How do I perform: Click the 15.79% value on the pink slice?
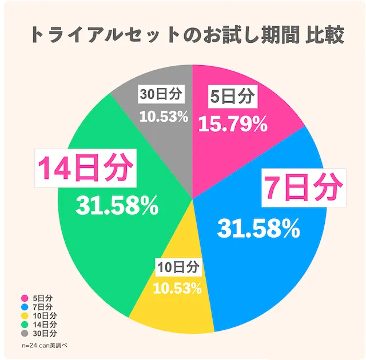point(232,124)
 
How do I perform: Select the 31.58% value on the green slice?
point(117,206)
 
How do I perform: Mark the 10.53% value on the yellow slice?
point(177,288)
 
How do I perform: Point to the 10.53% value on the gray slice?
point(164,117)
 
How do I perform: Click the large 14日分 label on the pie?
point(85,168)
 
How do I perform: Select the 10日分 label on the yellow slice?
point(177,267)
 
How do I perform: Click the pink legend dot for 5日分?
point(25,298)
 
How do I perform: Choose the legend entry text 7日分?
point(42,307)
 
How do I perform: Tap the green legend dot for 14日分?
point(25,325)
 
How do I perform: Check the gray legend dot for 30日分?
point(25,333)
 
